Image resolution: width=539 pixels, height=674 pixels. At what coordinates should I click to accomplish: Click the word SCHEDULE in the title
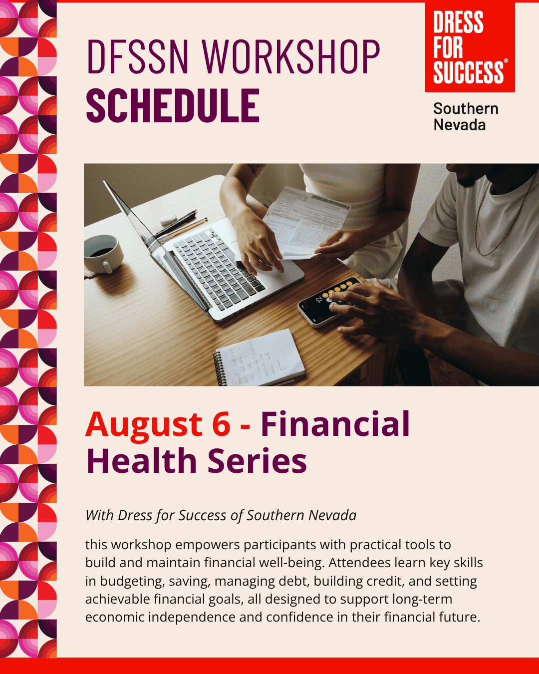173,105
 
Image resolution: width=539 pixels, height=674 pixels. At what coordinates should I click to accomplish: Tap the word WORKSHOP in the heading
291,57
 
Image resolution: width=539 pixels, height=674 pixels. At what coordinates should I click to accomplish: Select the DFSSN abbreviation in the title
137,57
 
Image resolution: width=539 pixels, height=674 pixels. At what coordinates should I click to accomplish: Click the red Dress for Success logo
470,47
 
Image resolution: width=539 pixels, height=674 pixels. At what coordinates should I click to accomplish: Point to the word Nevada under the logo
460,125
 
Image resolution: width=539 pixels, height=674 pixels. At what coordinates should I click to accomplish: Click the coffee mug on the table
103,254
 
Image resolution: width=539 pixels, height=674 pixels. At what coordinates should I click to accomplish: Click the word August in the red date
144,425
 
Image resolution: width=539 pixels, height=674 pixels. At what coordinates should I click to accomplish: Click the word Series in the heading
257,461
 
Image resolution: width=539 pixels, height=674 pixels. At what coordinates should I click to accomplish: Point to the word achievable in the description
117,599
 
